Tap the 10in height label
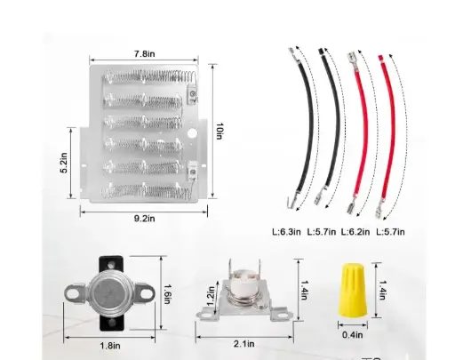point(220,132)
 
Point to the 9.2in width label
point(144,215)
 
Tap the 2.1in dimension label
point(243,343)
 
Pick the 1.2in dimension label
point(210,294)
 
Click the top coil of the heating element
point(148,78)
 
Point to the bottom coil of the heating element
point(148,188)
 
